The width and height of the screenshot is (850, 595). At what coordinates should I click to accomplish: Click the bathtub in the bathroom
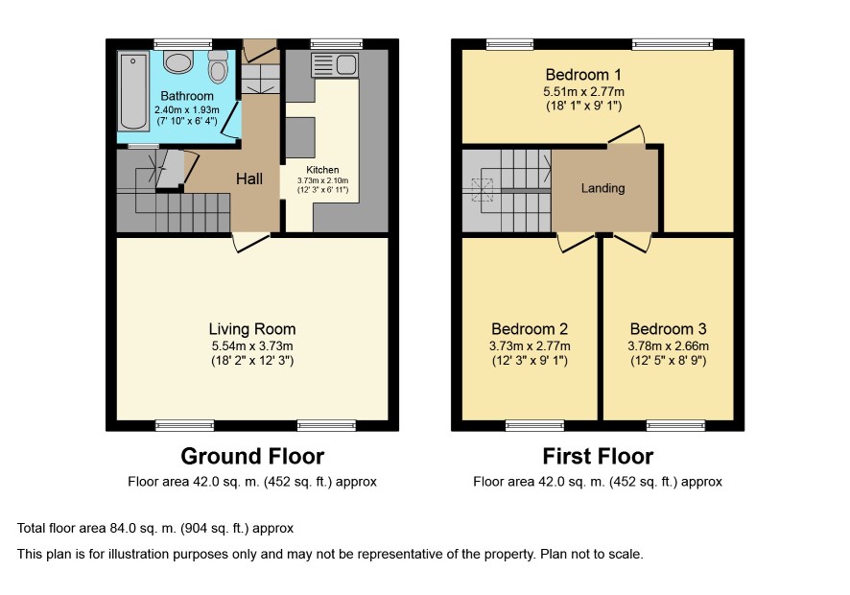(133, 91)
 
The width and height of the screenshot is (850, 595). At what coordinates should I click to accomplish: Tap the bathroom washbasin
(178, 61)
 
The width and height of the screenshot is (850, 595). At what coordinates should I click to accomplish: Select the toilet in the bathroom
(218, 66)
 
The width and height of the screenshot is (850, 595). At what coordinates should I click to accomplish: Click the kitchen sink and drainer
(335, 65)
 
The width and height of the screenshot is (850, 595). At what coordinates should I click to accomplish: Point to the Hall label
(249, 178)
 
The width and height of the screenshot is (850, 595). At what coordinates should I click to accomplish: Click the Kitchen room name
(322, 170)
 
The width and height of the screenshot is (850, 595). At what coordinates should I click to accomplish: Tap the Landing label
(602, 188)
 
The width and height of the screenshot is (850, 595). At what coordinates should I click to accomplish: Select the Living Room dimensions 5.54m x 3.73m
(252, 346)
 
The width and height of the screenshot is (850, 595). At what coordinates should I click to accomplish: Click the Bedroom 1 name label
(583, 74)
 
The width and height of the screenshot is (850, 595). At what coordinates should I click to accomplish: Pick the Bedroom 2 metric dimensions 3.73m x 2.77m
(530, 346)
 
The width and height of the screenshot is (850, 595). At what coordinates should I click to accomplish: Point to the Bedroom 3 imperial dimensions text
(669, 361)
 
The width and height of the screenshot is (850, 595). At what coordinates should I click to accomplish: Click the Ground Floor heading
(252, 456)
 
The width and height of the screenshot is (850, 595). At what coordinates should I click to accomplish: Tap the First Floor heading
(598, 456)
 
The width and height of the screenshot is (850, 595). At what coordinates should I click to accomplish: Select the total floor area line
(155, 528)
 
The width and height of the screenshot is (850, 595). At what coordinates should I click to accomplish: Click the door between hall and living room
(251, 243)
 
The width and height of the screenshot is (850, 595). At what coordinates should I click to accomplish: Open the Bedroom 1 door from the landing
(626, 135)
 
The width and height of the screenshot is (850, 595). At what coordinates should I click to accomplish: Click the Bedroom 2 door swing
(576, 243)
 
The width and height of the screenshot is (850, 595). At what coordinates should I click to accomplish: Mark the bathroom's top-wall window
(182, 44)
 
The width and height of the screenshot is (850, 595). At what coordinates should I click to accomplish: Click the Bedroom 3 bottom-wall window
(676, 426)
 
